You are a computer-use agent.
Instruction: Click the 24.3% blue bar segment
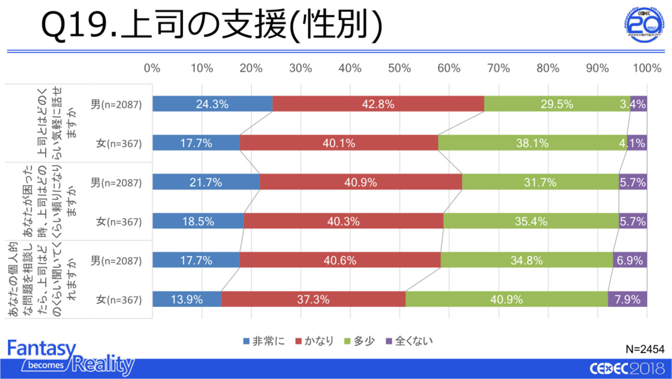pos(212,104)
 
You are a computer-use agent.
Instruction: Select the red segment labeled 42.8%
pos(378,104)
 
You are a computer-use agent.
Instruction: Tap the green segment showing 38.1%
pos(532,143)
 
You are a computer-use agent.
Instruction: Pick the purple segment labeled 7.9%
pos(627,300)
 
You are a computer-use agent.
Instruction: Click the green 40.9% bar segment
pos(507,300)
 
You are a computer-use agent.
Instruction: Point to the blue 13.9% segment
pos(186,300)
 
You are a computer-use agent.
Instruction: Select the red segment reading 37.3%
pos(313,300)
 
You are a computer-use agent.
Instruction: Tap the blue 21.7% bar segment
pos(206,182)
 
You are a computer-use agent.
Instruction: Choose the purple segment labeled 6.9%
pos(630,260)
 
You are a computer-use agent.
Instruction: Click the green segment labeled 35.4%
pos(531,222)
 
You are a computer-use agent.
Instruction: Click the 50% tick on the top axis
pos(399,68)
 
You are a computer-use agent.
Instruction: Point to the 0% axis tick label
pos(152,68)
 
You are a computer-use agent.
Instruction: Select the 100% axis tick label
pos(647,68)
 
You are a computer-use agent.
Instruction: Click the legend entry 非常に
pos(265,341)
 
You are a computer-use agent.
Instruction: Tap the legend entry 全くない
pos(409,341)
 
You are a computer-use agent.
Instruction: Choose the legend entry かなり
pos(315,341)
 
